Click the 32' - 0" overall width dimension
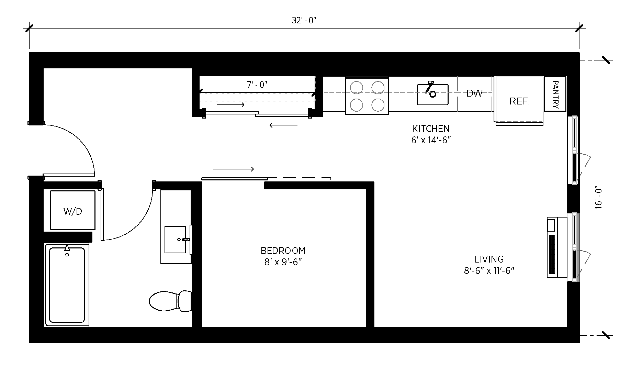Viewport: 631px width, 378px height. (304, 21)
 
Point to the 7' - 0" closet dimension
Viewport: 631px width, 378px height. (257, 85)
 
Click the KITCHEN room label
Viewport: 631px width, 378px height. (431, 129)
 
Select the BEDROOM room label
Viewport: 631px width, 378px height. (283, 251)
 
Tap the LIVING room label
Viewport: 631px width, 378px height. (489, 259)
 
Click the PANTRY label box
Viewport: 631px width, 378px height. (555, 94)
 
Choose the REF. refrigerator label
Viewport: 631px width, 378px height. (519, 101)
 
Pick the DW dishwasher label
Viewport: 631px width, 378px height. (475, 93)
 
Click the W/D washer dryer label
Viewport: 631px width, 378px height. (73, 211)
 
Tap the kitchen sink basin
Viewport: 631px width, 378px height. (433, 94)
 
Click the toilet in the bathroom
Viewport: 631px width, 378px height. (170, 301)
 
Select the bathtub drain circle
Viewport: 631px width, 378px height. (67, 255)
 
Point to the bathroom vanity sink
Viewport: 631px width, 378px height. (175, 239)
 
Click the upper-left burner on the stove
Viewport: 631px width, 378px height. (357, 87)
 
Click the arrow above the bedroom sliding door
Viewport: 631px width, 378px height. (234, 169)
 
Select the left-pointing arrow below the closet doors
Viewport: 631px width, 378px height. (283, 125)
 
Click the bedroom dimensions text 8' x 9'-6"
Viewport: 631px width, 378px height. (283, 263)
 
